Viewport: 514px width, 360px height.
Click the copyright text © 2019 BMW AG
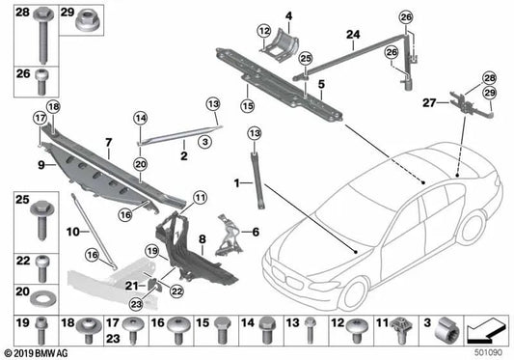coord(38,353)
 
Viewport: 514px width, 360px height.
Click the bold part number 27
coord(428,100)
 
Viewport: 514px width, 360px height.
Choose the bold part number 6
coord(256,232)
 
